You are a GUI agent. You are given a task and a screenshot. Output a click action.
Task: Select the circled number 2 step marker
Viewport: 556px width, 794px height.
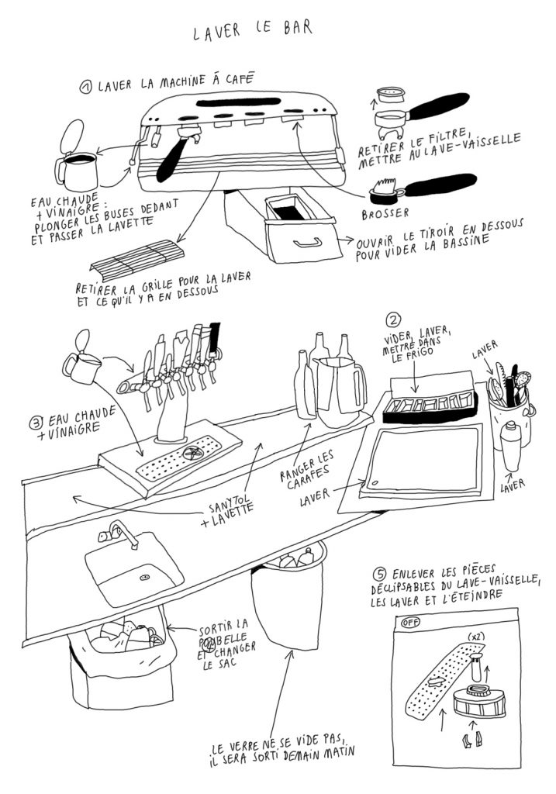[x=393, y=320]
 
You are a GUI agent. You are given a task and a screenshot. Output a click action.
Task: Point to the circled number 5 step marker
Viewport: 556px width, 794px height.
[x=379, y=575]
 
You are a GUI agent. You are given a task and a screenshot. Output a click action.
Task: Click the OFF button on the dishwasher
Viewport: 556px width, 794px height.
[x=409, y=623]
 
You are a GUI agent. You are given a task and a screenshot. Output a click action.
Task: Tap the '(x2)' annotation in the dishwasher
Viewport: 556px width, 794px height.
[x=475, y=636]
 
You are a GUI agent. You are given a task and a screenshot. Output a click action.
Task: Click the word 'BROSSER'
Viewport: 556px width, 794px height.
[x=385, y=214]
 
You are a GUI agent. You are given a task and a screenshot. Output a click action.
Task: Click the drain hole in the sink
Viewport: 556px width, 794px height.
[x=145, y=577]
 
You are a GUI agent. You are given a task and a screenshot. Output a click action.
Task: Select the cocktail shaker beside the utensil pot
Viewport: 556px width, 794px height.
[x=511, y=446]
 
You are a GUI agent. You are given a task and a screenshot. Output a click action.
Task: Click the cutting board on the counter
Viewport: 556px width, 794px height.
[x=421, y=461]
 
